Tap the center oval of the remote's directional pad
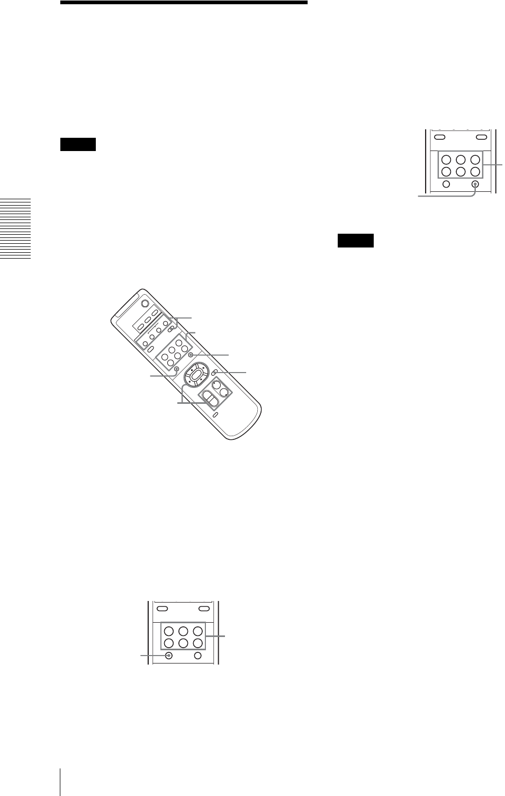point(196,375)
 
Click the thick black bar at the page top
point(184,3)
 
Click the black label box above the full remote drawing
point(78,144)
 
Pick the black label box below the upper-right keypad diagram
point(356,241)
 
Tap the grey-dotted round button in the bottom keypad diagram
point(169,656)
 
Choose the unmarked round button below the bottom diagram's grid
point(197,656)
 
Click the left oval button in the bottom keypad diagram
point(163,609)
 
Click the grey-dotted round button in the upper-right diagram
point(475,184)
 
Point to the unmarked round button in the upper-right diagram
point(446,184)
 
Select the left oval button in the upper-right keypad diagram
point(440,137)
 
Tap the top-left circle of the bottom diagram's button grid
point(168,631)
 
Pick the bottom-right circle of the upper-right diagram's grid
point(476,171)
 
